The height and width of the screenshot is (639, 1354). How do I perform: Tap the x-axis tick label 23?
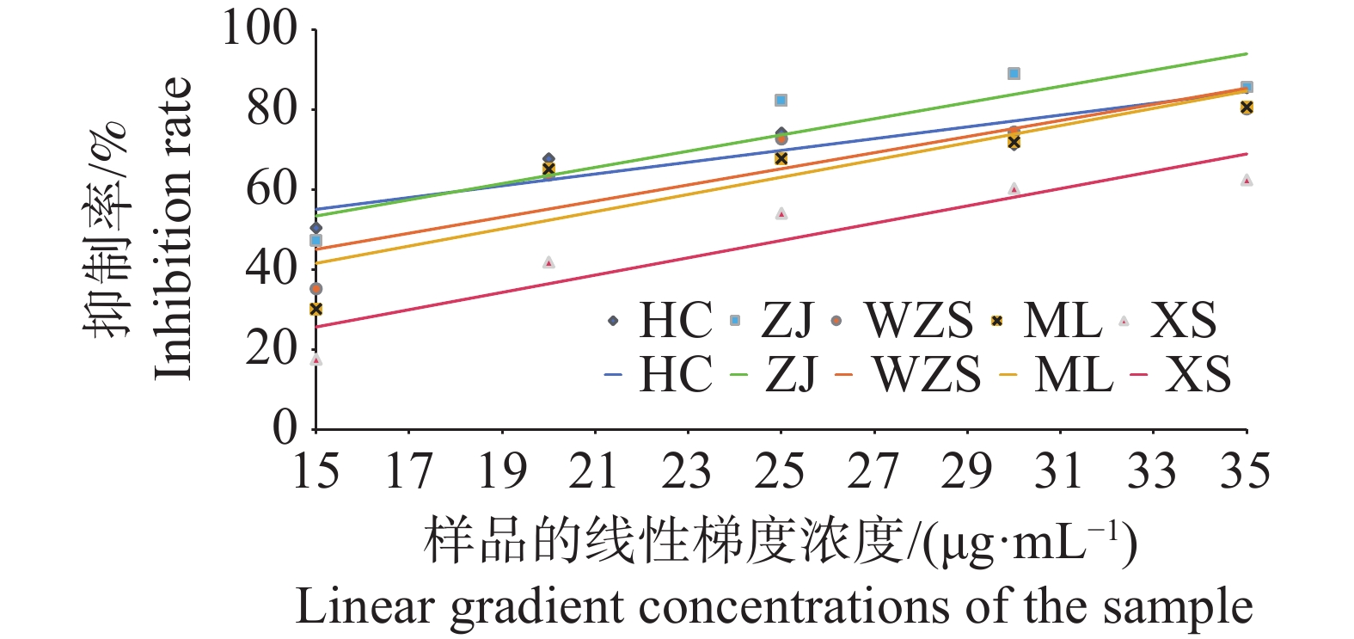[x=688, y=471]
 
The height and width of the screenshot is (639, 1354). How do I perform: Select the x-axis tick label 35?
[x=1246, y=471]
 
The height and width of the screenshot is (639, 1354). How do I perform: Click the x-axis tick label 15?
[x=316, y=471]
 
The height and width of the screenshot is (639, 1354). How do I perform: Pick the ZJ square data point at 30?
[x=1014, y=74]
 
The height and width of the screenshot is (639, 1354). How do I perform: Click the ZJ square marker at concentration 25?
[x=781, y=101]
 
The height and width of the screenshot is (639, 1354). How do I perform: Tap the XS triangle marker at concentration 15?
[x=316, y=359]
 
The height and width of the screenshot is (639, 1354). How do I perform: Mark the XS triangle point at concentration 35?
[x=1246, y=181]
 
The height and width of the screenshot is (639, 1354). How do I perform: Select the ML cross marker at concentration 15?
[x=316, y=309]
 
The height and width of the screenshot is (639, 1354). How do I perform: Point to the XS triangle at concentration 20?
[x=548, y=262]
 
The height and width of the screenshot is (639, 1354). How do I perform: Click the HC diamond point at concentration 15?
[x=316, y=228]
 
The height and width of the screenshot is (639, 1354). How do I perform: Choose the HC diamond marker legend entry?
[x=613, y=321]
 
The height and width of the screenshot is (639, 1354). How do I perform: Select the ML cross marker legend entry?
[x=997, y=321]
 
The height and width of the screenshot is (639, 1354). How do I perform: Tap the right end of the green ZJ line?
[x=1246, y=53]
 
